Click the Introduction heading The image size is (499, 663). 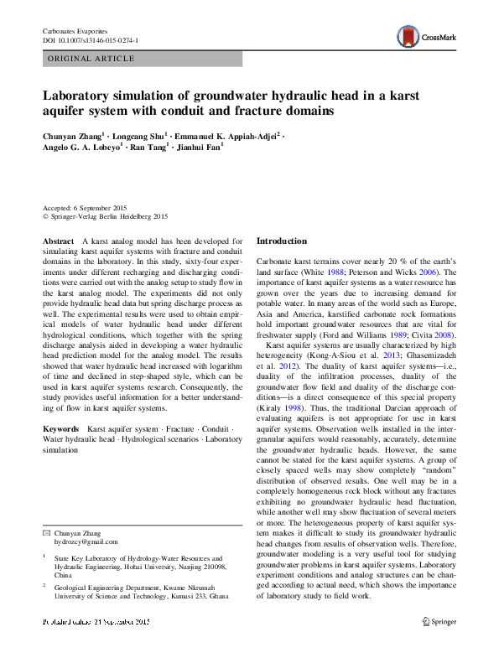(x=281, y=241)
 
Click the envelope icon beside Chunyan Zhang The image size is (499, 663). (x=46, y=533)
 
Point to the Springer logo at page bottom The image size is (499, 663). (x=439, y=622)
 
